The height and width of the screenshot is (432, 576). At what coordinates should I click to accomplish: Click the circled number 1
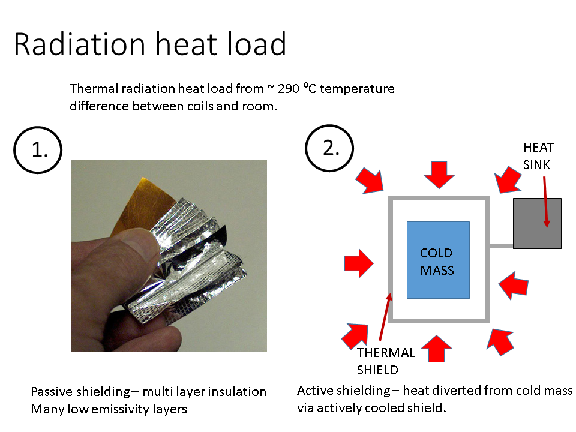(38, 149)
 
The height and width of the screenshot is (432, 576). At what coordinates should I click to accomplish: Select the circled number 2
(331, 148)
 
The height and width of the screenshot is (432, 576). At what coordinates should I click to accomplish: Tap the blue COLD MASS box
(438, 260)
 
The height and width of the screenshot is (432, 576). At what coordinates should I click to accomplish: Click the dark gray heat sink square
(537, 223)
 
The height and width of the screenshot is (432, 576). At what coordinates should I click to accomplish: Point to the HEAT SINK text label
(538, 156)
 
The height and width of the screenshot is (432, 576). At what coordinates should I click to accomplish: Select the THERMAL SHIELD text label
(386, 361)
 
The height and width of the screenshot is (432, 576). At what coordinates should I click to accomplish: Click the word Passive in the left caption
(53, 392)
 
